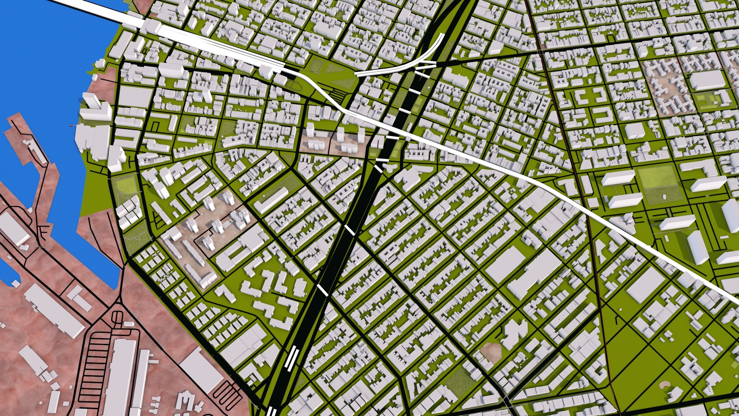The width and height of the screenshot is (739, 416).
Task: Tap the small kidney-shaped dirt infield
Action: point(665,384)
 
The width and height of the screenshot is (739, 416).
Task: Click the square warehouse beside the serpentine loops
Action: point(200,370)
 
